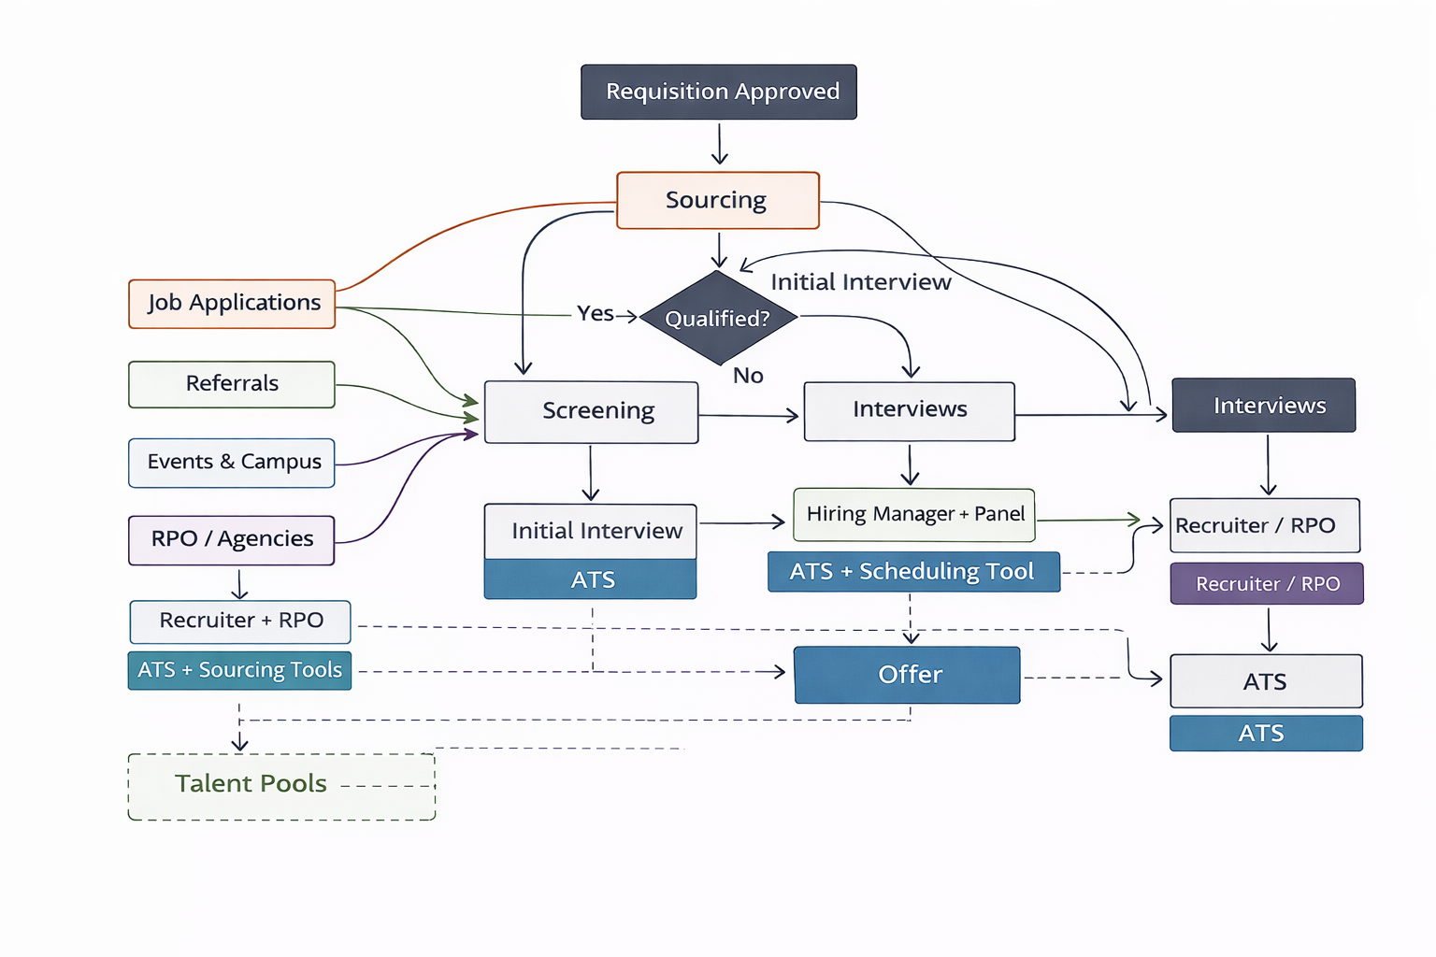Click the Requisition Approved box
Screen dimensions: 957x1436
[x=718, y=92]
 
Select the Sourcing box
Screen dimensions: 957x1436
[x=717, y=200]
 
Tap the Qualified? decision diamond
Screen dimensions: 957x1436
[x=717, y=318]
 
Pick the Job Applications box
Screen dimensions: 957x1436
[x=232, y=304]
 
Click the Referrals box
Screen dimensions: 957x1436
[x=232, y=384]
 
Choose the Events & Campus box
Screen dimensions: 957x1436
[x=232, y=463]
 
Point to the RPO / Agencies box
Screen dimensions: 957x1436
[x=232, y=540]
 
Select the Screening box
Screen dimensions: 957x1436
[x=591, y=412]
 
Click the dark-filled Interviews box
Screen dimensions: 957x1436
[x=1263, y=406]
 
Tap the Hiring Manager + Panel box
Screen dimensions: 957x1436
[x=913, y=515]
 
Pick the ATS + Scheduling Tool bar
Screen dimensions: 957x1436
[x=913, y=572]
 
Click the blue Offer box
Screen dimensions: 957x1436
[x=907, y=675]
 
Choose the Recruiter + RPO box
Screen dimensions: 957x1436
[x=240, y=621]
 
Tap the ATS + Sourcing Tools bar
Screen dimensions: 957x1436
[x=239, y=671]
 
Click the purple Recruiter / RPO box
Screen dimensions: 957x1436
[x=1267, y=584]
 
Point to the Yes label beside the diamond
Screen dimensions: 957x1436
[x=595, y=314]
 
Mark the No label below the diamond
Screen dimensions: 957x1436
[x=748, y=376]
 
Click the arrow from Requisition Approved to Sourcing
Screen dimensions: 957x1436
[x=719, y=145]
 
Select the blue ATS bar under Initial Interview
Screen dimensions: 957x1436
[x=590, y=579]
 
